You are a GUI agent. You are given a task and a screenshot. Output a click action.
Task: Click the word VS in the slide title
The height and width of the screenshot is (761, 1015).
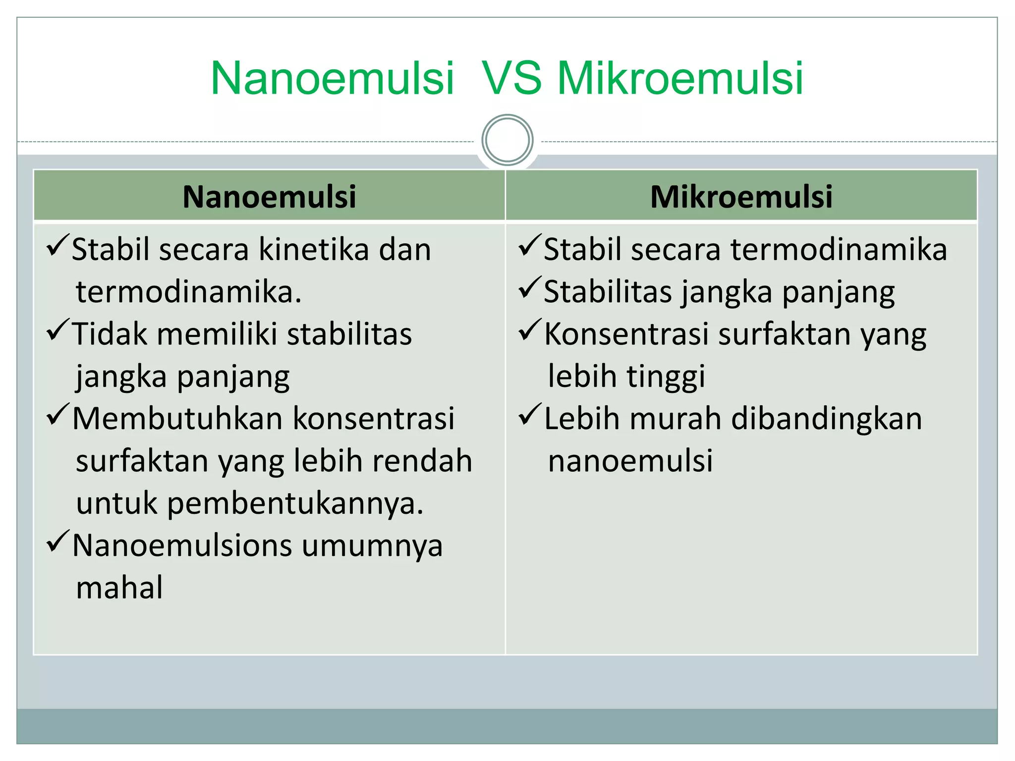[512, 78]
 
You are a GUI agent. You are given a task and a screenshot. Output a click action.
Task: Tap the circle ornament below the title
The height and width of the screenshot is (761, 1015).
[507, 140]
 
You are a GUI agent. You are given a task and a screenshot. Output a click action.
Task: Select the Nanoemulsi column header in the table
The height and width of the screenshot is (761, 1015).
[269, 196]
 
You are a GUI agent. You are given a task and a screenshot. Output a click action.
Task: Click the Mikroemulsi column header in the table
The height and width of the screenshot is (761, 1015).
[741, 196]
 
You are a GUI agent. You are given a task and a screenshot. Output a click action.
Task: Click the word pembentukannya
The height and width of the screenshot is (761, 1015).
[295, 503]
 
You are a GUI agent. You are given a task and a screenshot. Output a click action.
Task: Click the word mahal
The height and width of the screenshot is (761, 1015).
[119, 588]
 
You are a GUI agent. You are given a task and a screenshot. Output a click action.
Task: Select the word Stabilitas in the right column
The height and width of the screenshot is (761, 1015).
[608, 291]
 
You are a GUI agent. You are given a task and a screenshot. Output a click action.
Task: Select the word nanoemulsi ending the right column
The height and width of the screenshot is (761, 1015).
[630, 461]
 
